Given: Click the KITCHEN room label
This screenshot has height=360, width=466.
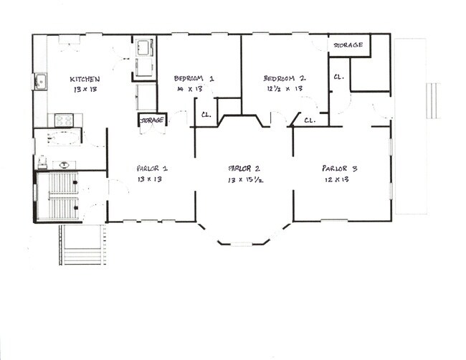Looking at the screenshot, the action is click(x=85, y=80).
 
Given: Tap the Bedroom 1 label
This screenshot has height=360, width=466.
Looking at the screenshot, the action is click(x=194, y=78).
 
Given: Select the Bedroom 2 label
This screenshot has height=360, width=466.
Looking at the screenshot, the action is click(x=285, y=78).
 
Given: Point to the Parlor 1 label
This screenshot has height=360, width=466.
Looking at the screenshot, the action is click(x=152, y=169).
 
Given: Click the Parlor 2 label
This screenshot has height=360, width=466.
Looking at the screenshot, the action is click(x=244, y=169).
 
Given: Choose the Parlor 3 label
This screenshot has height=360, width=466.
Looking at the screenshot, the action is click(x=339, y=169).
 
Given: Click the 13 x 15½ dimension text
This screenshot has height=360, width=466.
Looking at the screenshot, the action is click(x=245, y=179).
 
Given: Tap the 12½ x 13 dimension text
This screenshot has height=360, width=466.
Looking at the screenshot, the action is click(x=285, y=89).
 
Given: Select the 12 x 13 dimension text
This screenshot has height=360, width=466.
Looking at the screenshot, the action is click(x=337, y=179).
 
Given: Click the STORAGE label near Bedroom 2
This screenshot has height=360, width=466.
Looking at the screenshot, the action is click(x=348, y=45).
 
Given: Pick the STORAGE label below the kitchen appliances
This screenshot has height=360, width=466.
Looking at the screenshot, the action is click(x=152, y=120).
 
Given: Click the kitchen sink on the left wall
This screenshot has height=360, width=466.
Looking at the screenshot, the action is click(x=39, y=81).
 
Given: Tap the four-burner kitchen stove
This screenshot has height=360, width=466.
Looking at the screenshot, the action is click(x=64, y=120).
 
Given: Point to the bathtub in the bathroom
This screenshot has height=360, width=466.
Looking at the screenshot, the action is click(x=64, y=138).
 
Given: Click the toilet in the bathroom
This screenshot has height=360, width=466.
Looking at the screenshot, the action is click(x=42, y=163).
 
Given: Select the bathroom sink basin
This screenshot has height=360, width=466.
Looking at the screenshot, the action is click(x=64, y=164).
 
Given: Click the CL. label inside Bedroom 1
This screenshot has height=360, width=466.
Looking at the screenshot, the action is click(x=206, y=115).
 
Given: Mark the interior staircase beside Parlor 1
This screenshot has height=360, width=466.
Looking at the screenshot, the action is click(x=62, y=196).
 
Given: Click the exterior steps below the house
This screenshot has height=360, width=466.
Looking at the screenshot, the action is click(x=82, y=245).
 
